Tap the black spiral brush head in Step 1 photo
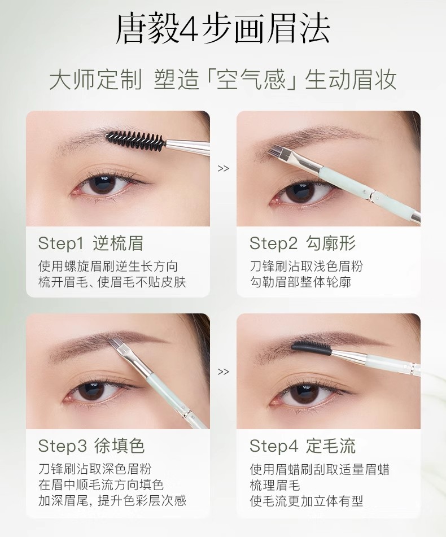[135, 139]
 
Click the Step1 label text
[62, 243]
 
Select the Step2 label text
[273, 243]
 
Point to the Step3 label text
[62, 446]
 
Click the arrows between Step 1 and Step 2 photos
[223, 168]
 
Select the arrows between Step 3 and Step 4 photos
[223, 372]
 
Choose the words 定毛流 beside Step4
[331, 446]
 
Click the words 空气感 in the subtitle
[251, 80]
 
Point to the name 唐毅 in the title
[146, 30]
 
